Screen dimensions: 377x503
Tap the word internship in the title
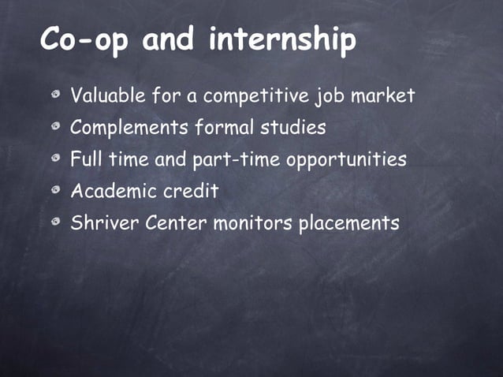pyautogui.click(x=282, y=39)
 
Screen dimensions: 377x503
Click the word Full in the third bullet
pyautogui.click(x=86, y=159)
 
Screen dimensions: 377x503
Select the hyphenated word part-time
pyautogui.click(x=236, y=159)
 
